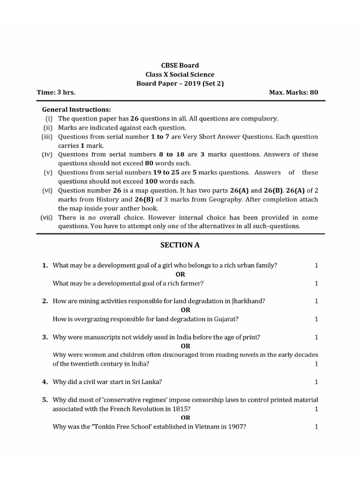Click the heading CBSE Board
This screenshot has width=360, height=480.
click(x=180, y=66)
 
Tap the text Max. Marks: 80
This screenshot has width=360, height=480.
click(x=293, y=92)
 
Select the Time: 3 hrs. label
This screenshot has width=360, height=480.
click(x=56, y=92)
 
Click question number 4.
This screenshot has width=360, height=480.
click(x=45, y=382)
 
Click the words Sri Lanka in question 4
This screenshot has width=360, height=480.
click(x=149, y=382)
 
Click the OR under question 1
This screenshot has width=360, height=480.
click(x=180, y=274)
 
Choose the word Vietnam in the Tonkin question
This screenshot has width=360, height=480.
click(x=207, y=427)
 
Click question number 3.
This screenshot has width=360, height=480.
click(x=45, y=337)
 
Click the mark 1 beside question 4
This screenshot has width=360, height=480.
click(x=316, y=382)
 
